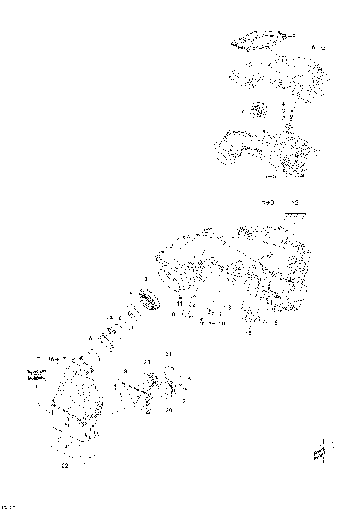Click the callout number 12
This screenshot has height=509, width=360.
(295, 203)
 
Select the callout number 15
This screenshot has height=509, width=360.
(128, 293)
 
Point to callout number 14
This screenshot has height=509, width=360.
(109, 318)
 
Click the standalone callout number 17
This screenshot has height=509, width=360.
(35, 359)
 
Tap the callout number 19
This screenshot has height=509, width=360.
(124, 372)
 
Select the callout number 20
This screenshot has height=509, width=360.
(169, 411)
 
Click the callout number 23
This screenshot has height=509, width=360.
(148, 362)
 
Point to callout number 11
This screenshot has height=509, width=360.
(180, 304)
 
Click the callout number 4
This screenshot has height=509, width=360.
(283, 103)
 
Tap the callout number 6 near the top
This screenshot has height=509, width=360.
(313, 47)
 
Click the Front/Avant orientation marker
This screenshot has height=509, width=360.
(319, 452)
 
